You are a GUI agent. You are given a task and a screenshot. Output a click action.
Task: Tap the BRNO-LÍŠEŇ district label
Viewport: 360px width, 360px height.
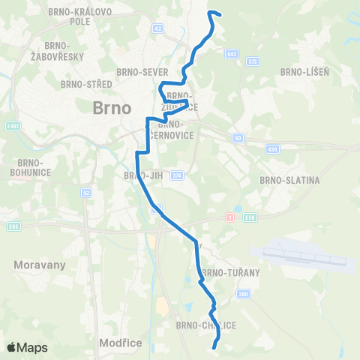(301, 72)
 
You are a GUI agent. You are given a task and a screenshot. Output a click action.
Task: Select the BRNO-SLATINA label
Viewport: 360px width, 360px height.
(289, 180)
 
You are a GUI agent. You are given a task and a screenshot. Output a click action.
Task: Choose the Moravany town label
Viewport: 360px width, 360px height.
(40, 265)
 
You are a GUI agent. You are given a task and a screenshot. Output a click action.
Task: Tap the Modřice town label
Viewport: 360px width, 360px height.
(120, 342)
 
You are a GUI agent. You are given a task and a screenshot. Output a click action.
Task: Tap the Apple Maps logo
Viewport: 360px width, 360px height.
(26, 347)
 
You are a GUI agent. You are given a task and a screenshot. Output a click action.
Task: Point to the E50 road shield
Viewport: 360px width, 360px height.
(250, 217)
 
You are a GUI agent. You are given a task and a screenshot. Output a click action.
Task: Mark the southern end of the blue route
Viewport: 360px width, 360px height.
(215, 346)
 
